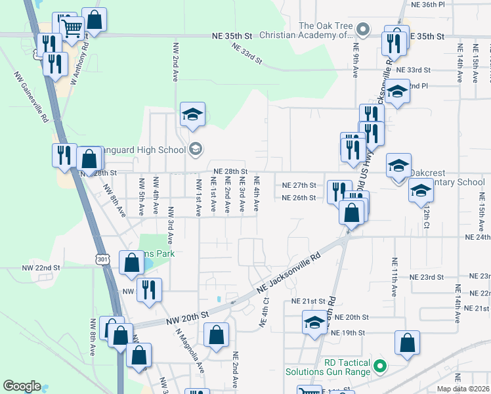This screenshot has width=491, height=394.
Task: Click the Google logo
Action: [22, 386]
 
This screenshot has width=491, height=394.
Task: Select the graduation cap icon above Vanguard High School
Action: [192, 114]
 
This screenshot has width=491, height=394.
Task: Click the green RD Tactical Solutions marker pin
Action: [379, 364]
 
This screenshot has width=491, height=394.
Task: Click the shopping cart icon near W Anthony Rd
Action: [72, 28]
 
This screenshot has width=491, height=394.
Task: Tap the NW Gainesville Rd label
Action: [32, 101]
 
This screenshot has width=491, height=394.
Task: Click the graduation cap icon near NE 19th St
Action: [314, 323]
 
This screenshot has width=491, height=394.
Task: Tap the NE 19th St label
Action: [347, 333]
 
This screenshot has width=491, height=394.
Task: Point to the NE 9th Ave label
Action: [355, 61]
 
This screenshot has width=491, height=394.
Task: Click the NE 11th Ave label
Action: [394, 275]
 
